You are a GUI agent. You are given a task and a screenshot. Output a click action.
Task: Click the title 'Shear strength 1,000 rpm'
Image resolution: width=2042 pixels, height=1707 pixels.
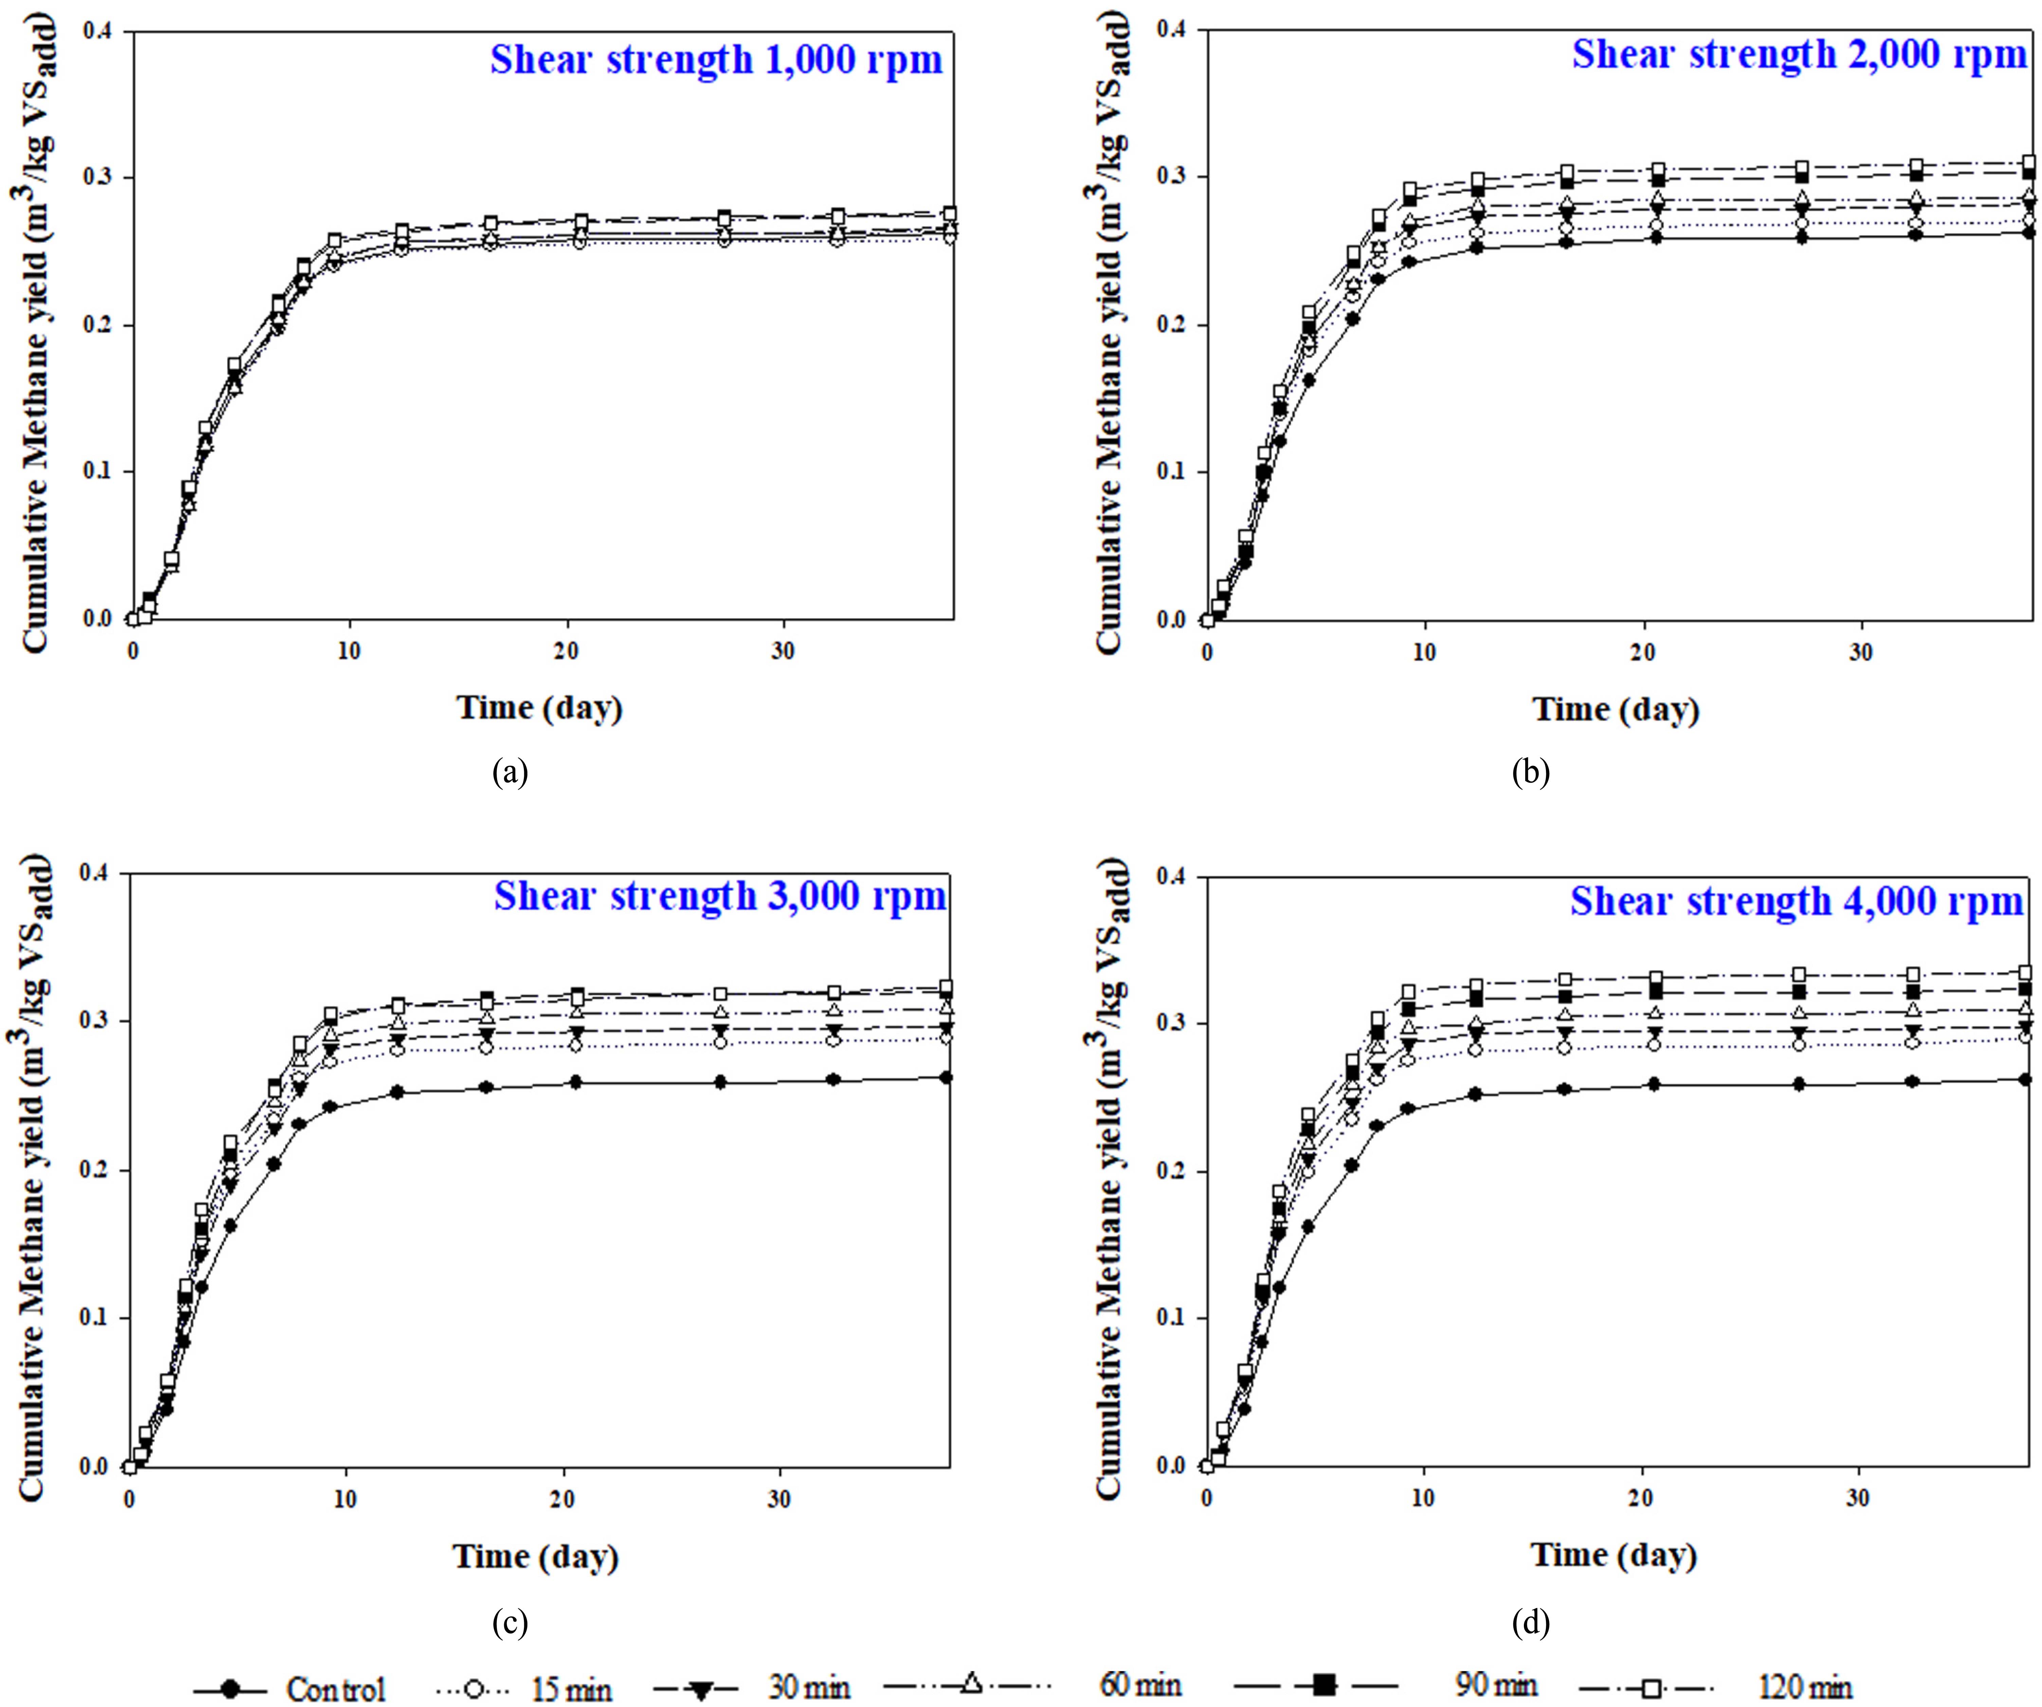point(716,60)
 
